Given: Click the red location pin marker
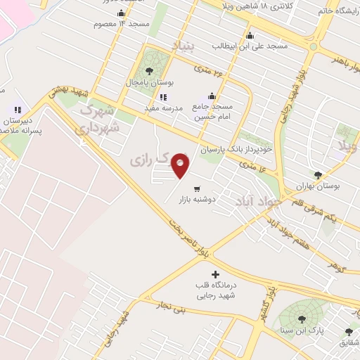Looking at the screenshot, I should click(x=181, y=165).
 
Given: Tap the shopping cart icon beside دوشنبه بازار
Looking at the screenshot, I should click(x=197, y=188).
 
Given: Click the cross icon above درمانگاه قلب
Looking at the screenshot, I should click(x=214, y=274).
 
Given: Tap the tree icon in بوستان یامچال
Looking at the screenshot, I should click(x=149, y=70).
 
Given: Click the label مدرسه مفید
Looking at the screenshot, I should click(x=163, y=108).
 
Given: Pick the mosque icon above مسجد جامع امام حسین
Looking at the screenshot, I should click(x=212, y=96).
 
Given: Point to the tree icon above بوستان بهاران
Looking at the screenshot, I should click(x=318, y=175).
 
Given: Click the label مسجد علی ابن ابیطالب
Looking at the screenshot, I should click(x=250, y=46).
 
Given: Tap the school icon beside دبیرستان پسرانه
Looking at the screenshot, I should click(x=18, y=110).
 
